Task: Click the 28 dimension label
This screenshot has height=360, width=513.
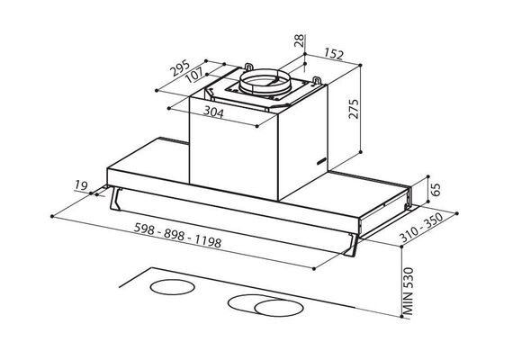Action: [299, 40]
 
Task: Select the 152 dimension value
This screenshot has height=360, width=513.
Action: [334, 54]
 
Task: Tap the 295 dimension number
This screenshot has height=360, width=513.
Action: [180, 67]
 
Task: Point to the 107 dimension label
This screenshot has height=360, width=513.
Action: [194, 76]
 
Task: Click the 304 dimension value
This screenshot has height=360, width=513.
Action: [213, 112]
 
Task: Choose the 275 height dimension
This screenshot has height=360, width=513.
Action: [354, 108]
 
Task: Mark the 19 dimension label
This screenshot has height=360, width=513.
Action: [81, 185]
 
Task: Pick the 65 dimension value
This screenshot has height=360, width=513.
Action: [436, 190]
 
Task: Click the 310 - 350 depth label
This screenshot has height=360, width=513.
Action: [422, 228]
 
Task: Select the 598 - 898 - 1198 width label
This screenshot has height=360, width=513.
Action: [177, 235]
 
